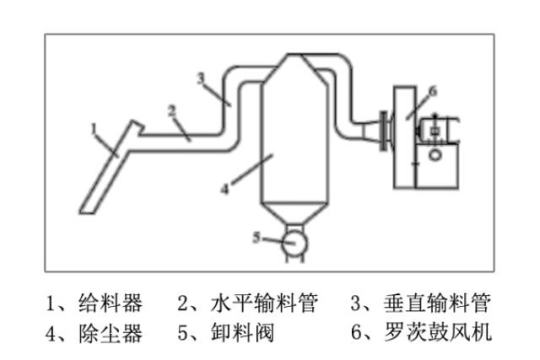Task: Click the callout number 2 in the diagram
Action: pyautogui.click(x=171, y=110)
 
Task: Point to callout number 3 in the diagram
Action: pyautogui.click(x=201, y=78)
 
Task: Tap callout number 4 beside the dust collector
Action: pyautogui.click(x=225, y=189)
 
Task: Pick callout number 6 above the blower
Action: pyautogui.click(x=431, y=90)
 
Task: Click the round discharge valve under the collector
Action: pyautogui.click(x=293, y=242)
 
